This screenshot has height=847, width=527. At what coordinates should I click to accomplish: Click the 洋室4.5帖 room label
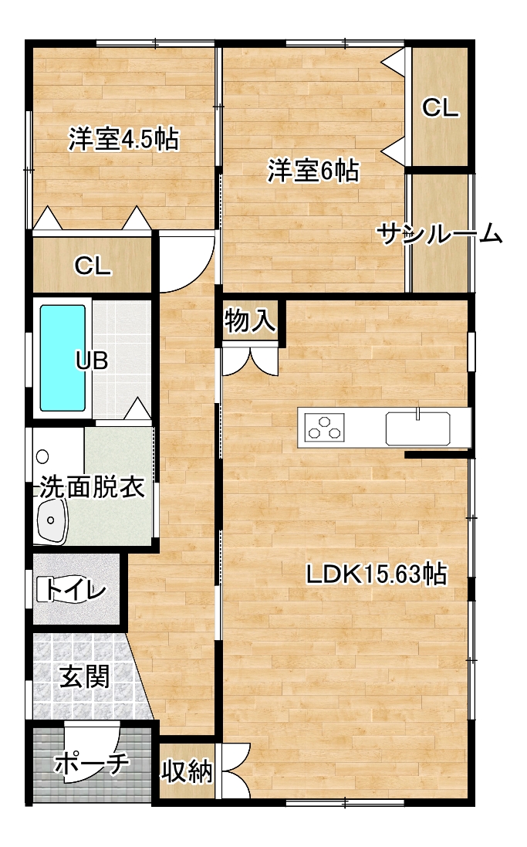click(123, 140)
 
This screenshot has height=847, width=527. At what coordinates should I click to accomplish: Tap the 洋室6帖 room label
click(313, 171)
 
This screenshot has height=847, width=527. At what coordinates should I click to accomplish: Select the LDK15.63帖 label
click(377, 574)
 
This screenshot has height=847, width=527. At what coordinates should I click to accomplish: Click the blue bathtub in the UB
click(62, 358)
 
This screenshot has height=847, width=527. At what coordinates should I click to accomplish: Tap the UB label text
click(92, 361)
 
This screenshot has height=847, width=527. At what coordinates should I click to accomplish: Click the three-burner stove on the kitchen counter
click(325, 426)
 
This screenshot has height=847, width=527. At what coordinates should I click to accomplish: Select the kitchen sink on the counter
click(418, 428)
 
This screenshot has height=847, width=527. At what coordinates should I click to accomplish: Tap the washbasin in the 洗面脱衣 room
click(51, 520)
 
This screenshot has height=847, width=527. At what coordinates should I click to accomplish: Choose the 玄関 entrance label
click(84, 676)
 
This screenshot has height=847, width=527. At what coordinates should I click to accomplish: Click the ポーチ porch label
click(92, 764)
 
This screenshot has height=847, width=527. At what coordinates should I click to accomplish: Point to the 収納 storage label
click(187, 771)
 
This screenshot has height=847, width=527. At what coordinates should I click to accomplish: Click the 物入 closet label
click(250, 321)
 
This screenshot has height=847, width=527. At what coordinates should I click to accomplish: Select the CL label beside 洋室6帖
click(440, 108)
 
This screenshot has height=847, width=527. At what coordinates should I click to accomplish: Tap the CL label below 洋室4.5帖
click(93, 266)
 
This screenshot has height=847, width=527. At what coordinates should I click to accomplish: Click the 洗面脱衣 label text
click(92, 486)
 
